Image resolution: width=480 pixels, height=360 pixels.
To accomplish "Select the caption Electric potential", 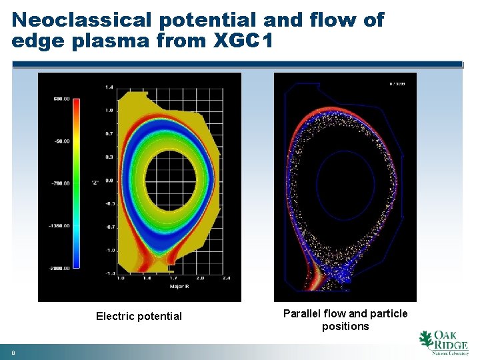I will pos(139,316).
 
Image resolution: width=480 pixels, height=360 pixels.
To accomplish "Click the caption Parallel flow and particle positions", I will pos(345,320).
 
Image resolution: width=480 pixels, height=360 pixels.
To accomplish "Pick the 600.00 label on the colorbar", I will pos(61,99).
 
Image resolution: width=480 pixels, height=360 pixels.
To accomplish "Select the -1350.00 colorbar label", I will pos(60,226).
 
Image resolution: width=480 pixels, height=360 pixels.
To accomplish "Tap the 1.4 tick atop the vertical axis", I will pos(109,87).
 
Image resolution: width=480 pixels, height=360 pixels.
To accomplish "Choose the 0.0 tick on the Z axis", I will pos(109,180).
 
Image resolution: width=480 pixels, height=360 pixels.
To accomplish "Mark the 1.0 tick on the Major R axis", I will pos(120,279).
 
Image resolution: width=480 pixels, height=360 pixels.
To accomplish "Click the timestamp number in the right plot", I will pos(397,83).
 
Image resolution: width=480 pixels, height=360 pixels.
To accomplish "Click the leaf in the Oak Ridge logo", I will pos(425,339).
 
